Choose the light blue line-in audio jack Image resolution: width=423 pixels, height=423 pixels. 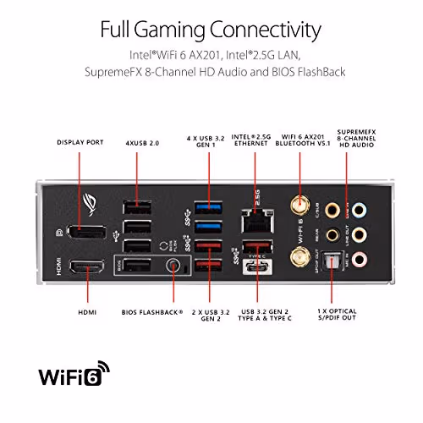pos(361,208)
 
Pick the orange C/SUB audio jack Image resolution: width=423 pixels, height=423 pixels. pos(335,208)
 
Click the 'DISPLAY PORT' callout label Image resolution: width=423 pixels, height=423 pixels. pos(80,142)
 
